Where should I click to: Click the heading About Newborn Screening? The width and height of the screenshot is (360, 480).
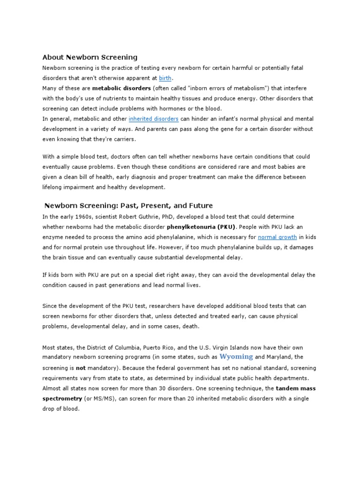coord(90,57)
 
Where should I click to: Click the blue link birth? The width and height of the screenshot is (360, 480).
coord(165,78)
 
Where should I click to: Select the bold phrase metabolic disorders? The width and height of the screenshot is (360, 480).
coord(115,89)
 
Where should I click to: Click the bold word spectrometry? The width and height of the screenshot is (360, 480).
coord(62,399)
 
